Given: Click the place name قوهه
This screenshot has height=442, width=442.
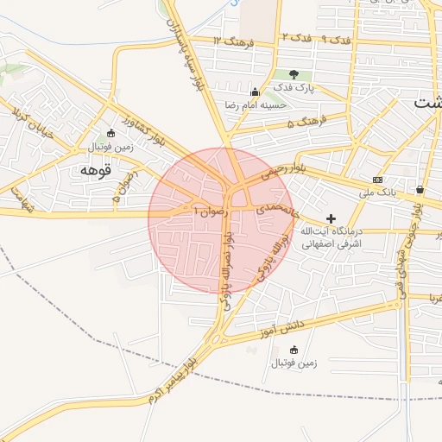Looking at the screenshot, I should [x=97, y=168].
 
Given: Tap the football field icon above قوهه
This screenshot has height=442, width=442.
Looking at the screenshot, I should [x=110, y=134].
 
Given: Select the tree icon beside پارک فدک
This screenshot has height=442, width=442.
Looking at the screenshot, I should [x=294, y=75].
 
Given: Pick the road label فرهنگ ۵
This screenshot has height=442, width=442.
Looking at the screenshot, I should [x=305, y=123].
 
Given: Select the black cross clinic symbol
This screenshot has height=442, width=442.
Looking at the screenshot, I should [x=331, y=218].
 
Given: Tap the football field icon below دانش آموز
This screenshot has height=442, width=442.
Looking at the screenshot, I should [x=294, y=350].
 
